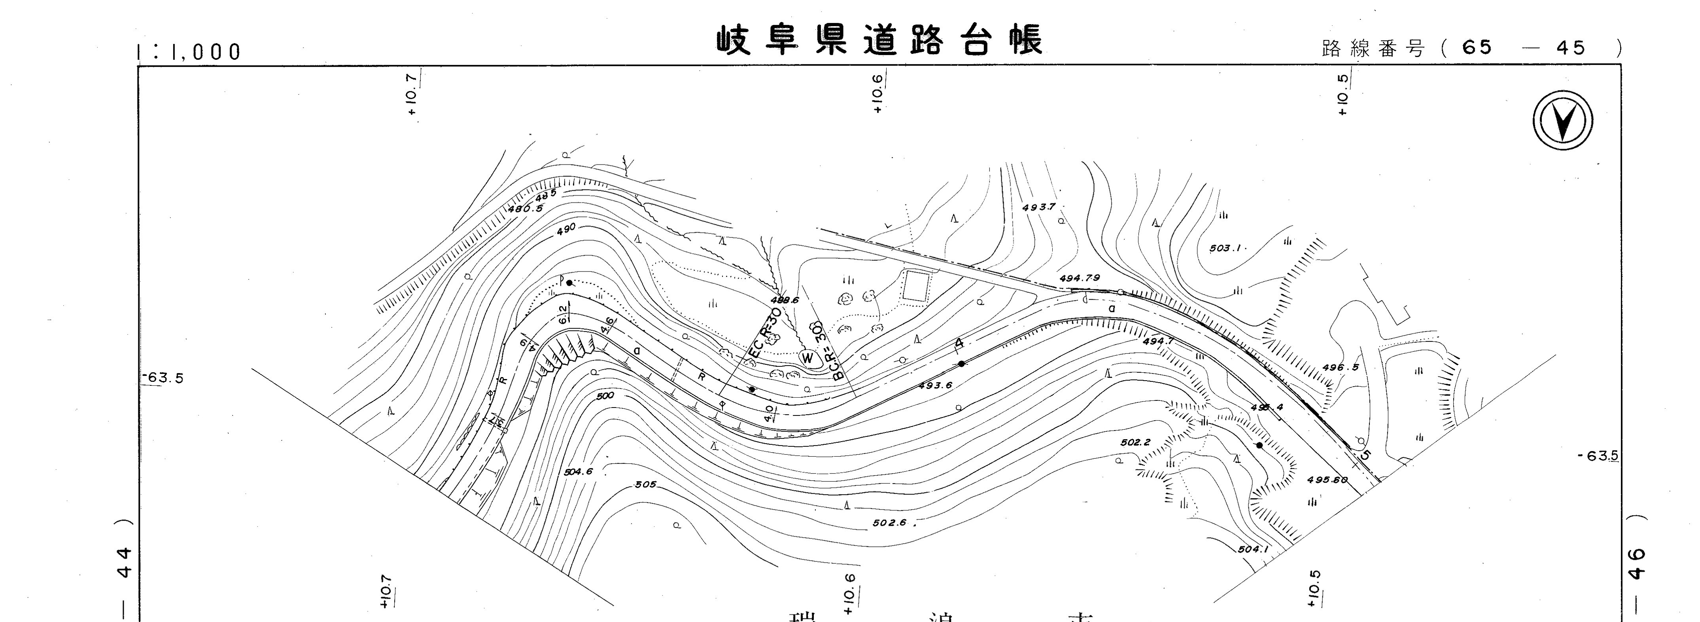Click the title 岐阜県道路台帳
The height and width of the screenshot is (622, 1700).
pyautogui.click(x=880, y=40)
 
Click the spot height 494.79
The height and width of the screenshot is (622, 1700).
pyautogui.click(x=1079, y=278)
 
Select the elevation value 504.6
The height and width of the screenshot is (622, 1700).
pyautogui.click(x=578, y=472)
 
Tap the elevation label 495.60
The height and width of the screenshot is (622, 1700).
pyautogui.click(x=1326, y=480)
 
